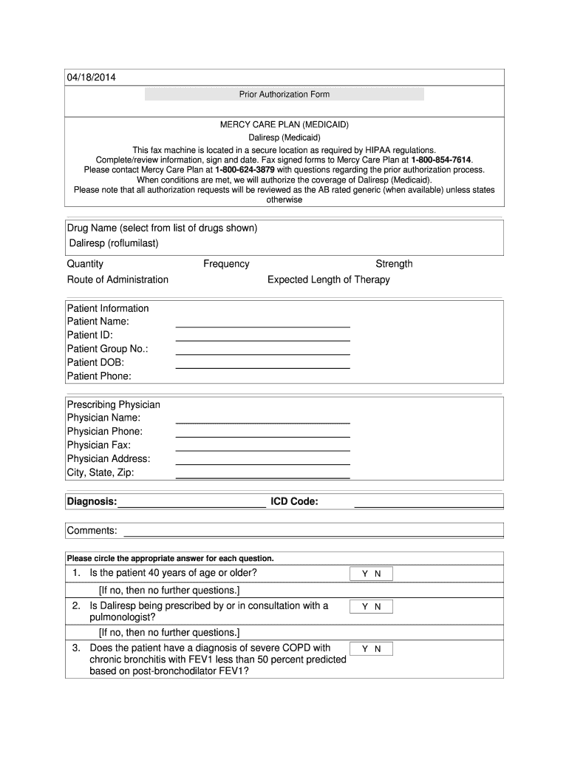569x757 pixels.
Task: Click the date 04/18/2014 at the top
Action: point(91,78)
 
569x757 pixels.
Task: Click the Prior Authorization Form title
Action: point(284,95)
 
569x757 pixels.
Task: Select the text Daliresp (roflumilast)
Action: point(114,243)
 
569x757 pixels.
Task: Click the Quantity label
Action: point(85,264)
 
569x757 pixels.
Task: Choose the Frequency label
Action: point(226,264)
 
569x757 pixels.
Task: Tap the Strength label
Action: point(394,264)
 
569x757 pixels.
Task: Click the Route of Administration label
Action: point(117,279)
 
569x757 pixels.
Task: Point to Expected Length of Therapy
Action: point(328,279)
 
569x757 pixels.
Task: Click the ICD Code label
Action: point(294,502)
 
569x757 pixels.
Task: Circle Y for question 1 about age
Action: point(364,574)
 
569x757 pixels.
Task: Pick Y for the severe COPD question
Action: point(364,649)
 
